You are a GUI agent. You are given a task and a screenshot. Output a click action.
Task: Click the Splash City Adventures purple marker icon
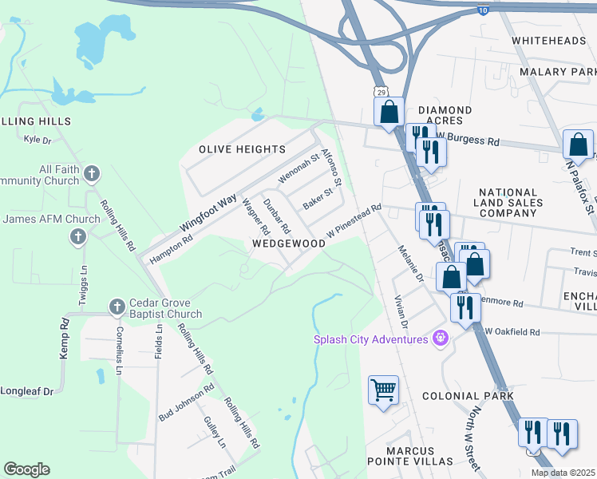(x=438, y=339)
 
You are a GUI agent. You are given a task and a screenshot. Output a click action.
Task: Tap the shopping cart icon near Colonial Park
(x=383, y=390)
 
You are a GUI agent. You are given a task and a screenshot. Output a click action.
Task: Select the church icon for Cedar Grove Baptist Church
(x=117, y=306)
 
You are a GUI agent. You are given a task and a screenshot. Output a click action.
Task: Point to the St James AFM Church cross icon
(x=78, y=236)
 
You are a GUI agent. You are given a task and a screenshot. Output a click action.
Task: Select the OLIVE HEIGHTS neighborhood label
(x=242, y=149)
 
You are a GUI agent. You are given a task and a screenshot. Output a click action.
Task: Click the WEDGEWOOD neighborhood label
(x=289, y=243)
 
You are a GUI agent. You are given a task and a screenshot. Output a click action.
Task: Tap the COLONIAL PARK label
(x=468, y=396)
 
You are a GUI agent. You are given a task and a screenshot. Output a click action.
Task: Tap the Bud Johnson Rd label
(x=186, y=402)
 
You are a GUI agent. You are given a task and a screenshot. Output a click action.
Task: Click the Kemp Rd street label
(x=65, y=338)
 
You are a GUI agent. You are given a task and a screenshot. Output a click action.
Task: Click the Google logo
(x=26, y=469)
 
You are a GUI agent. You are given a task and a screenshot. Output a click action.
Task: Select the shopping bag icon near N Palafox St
(x=578, y=145)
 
